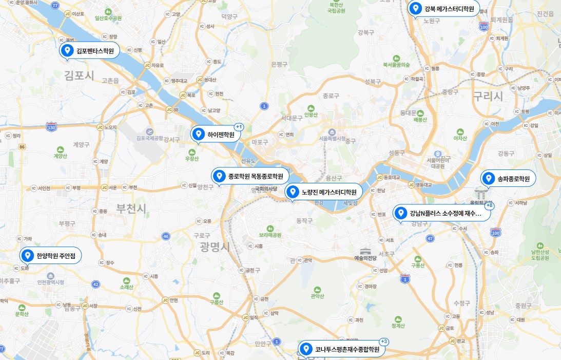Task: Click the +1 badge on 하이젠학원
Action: (x=239, y=126)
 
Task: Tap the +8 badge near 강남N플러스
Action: (x=489, y=205)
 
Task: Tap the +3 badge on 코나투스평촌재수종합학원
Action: (x=383, y=342)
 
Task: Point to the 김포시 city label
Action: (x=80, y=76)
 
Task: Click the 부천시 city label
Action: (x=131, y=209)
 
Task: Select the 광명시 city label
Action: (x=215, y=247)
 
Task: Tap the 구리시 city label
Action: (x=488, y=96)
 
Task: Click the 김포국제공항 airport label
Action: (x=149, y=138)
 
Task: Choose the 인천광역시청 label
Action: (x=50, y=282)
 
